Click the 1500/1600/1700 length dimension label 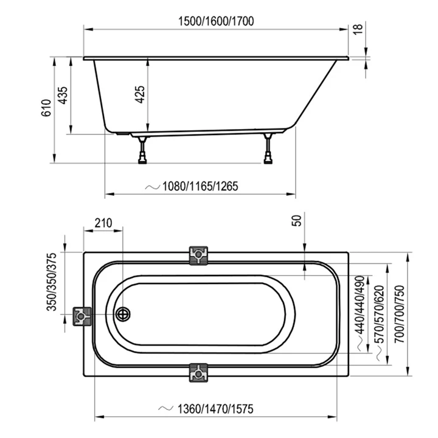[x=216, y=21]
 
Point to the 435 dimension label [x=62, y=96]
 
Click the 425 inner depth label [x=140, y=96]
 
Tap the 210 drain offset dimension [x=103, y=223]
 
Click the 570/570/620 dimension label [x=380, y=317]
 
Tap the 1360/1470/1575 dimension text [x=212, y=409]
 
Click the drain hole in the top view [x=123, y=314]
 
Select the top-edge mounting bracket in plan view [x=199, y=255]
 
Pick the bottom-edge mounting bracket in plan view [x=199, y=372]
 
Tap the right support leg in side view [x=268, y=148]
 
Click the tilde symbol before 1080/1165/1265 [x=152, y=186]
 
